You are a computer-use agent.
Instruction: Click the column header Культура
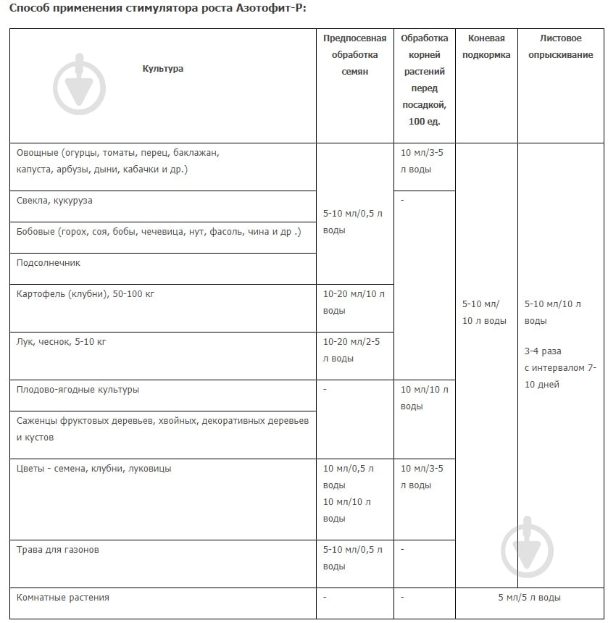coord(162,69)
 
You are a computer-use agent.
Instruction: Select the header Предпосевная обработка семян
coord(354,55)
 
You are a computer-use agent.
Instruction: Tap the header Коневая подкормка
coord(486,47)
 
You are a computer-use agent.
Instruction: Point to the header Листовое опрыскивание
coord(561,47)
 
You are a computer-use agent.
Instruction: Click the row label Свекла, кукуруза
coord(54,201)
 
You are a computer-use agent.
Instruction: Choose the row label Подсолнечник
coord(49,263)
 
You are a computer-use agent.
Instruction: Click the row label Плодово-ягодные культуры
coord(78,390)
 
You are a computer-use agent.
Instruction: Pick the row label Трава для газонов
coord(58,550)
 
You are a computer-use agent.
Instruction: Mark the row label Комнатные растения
coord(63,598)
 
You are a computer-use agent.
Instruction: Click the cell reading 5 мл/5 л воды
coord(529,598)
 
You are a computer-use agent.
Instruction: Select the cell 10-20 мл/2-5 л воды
coord(354,350)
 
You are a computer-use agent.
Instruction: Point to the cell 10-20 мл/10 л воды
coord(354,302)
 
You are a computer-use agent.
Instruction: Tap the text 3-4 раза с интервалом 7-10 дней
coord(560,368)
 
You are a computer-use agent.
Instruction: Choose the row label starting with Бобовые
coord(159,232)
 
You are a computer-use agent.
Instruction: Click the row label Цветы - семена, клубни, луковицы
coord(94,469)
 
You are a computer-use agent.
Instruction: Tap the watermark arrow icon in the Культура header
coord(80,84)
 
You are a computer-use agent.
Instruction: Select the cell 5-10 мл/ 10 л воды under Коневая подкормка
coord(485,312)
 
